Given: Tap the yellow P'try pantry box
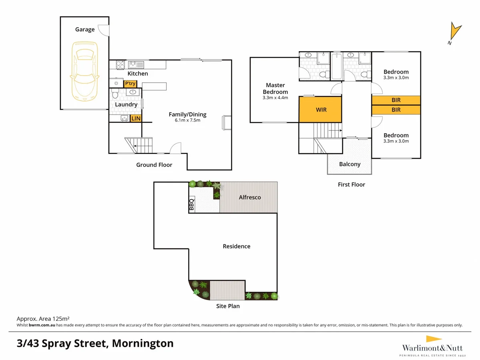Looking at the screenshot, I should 131,84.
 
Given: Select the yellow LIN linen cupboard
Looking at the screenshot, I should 136,118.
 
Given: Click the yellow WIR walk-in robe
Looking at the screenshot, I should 320,109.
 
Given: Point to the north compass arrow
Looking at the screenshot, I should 455,32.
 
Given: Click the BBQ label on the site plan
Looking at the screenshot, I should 191,204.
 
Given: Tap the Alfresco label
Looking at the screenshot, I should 250,197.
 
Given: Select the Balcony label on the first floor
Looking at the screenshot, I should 349,164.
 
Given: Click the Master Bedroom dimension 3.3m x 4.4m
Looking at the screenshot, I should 275,98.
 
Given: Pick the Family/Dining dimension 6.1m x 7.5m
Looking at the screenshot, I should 187,120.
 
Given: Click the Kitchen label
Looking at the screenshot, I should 138,74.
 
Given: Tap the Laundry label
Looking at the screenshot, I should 126,104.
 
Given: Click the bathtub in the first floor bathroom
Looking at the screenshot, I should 336,66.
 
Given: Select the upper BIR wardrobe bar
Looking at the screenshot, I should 396,100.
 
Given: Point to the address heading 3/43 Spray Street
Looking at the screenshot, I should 95,343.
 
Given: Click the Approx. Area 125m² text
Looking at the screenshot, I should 43,318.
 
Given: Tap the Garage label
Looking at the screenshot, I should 85,29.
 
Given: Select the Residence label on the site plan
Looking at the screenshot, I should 236,246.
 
